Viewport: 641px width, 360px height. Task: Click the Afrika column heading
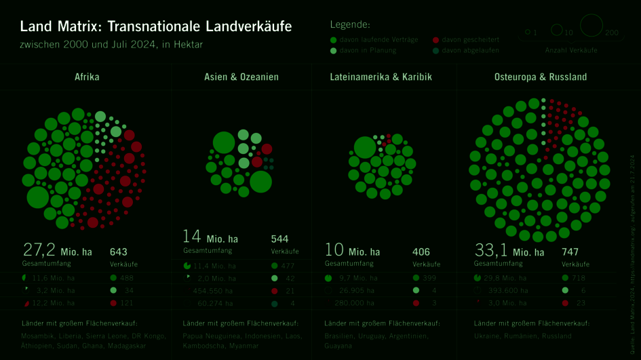click(86, 77)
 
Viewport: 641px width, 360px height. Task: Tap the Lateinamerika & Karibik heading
click(381, 77)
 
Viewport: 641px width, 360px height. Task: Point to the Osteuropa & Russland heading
click(541, 77)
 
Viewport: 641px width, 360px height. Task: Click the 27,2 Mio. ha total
click(57, 251)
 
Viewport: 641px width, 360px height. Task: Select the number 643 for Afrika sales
click(118, 252)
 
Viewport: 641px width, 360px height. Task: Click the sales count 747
click(570, 252)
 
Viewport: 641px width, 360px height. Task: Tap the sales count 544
click(279, 239)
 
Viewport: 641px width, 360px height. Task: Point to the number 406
click(421, 252)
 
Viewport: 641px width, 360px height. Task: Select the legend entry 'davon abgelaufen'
click(470, 50)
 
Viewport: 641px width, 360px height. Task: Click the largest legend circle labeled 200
click(591, 25)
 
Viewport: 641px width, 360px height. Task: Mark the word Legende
click(350, 25)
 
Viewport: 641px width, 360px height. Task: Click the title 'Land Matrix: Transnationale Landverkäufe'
click(156, 27)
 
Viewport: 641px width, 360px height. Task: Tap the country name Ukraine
click(486, 336)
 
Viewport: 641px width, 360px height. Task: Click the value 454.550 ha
click(214, 291)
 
